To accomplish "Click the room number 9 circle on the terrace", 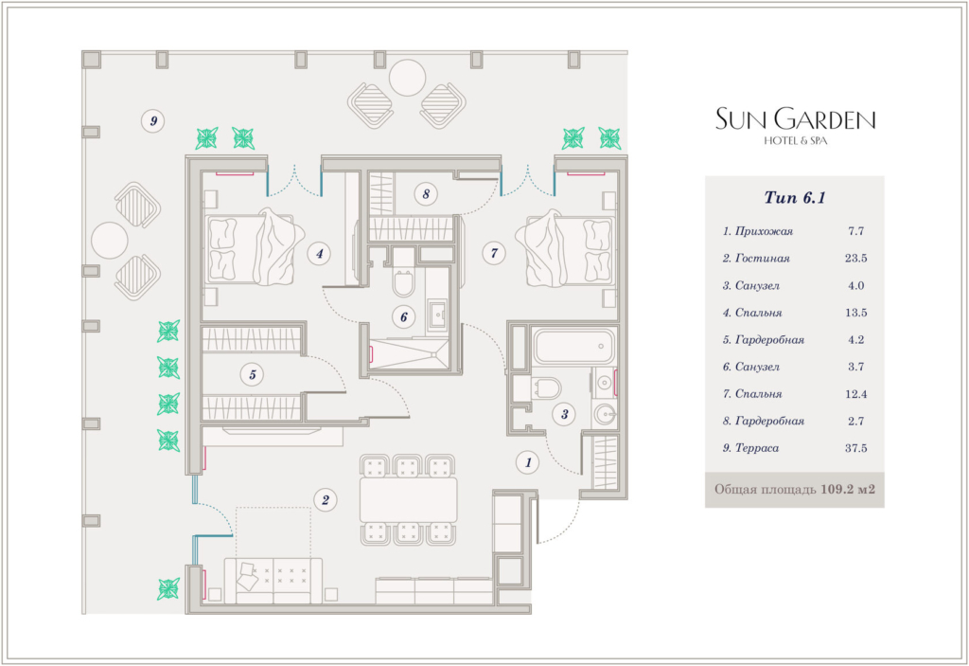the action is [x=153, y=120].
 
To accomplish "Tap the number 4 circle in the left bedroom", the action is [x=319, y=253].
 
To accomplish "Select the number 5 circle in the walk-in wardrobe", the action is [x=252, y=374].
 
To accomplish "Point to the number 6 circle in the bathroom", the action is [x=403, y=317].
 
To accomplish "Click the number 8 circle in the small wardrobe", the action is [x=426, y=193].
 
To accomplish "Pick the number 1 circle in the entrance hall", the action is [x=528, y=462].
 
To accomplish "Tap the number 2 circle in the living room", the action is [x=326, y=500].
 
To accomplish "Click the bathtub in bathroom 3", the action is [x=574, y=347].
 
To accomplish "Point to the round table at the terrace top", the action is [x=407, y=78].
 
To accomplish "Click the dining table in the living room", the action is [x=409, y=500].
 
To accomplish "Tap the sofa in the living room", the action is [x=273, y=581].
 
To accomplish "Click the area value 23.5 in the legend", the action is [x=855, y=258].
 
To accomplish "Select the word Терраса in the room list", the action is [x=757, y=447].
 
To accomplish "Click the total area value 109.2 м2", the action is [x=847, y=489].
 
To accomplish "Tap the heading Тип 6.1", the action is [x=795, y=197].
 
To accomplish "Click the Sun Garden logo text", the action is [x=795, y=118].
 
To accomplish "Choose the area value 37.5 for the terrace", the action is [x=855, y=447].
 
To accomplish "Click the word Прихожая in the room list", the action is [x=764, y=231].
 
